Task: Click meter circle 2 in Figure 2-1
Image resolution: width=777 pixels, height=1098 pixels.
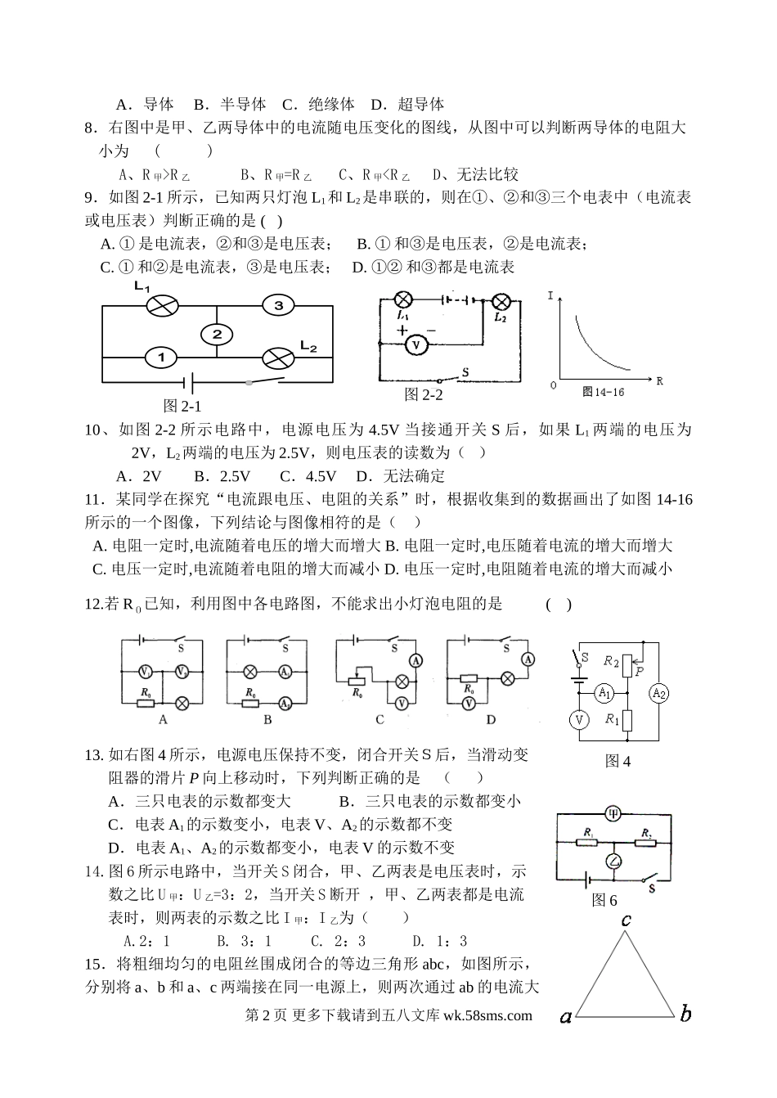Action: [x=217, y=334]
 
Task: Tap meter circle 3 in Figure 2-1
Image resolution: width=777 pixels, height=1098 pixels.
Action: [x=278, y=306]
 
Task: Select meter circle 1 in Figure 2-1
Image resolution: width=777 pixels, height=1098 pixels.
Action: [x=161, y=358]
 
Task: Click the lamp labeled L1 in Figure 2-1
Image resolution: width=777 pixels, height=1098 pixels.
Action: [x=162, y=306]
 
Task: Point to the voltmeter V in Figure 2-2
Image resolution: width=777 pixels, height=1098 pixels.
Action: [x=416, y=345]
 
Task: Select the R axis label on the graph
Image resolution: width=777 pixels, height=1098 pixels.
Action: [x=659, y=380]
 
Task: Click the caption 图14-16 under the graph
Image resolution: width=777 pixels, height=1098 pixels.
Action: [x=603, y=392]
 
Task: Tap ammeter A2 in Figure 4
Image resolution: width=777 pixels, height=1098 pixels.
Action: [x=658, y=693]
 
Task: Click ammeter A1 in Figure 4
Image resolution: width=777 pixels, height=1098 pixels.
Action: [x=603, y=693]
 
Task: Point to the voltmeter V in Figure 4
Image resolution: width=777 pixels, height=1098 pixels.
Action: [x=579, y=719]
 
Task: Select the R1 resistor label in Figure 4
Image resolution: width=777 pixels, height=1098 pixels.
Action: [x=611, y=719]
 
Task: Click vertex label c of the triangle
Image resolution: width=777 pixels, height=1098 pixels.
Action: [x=626, y=920]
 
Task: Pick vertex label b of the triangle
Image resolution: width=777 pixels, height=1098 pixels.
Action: [x=685, y=1015]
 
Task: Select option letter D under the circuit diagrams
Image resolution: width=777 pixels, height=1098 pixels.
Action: [x=491, y=720]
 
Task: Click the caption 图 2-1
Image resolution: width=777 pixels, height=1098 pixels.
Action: [x=182, y=406]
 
